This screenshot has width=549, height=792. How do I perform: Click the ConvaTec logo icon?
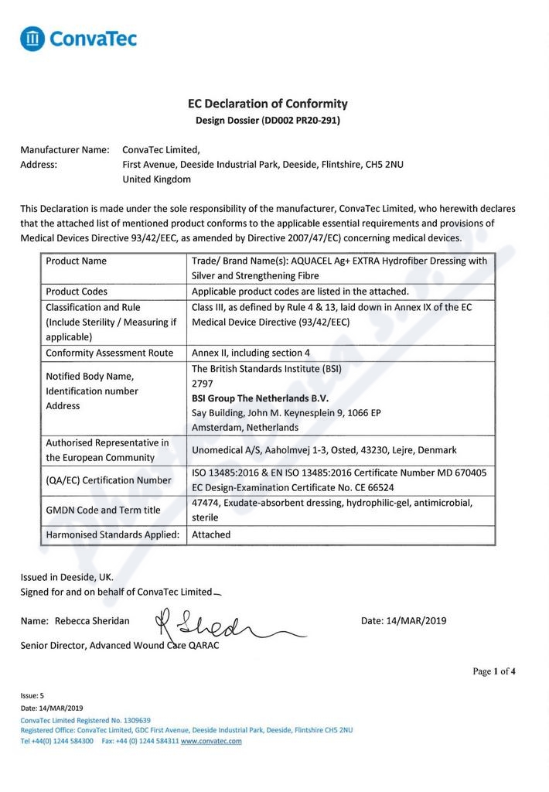point(32,39)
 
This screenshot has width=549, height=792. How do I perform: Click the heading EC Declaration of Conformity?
point(268,104)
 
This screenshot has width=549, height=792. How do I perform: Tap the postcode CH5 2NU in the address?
point(384,165)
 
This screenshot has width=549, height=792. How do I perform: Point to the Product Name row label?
point(77,261)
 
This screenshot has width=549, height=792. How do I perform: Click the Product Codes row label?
point(77,292)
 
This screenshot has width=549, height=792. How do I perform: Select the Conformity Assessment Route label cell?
point(109,353)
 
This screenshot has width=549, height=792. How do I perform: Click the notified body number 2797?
point(202,384)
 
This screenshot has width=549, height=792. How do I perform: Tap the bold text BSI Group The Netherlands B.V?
point(260,398)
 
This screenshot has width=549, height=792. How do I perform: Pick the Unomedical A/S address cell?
point(324,450)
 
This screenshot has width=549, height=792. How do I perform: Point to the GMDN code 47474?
point(205,503)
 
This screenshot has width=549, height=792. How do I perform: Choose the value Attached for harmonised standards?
point(211,534)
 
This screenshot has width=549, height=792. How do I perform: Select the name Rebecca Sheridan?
point(92,621)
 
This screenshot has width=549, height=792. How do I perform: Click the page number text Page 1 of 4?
point(494,671)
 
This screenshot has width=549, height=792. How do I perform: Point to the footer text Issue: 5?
point(32,696)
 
